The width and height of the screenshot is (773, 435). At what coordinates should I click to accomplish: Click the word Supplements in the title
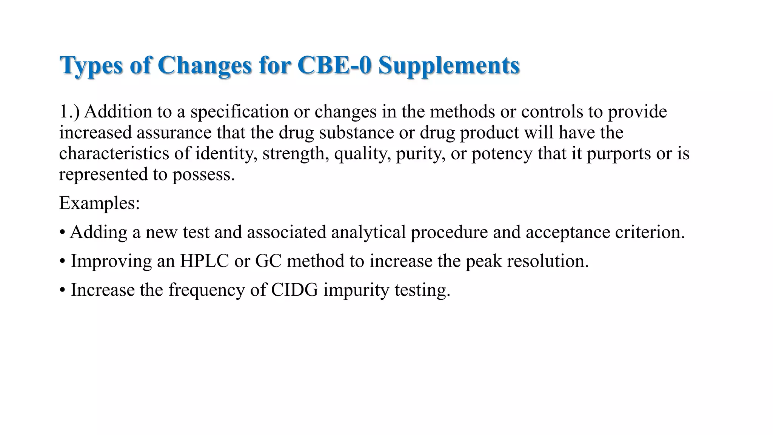pos(449,66)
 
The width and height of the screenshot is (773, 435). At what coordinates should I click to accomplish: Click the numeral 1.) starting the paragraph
pos(69,112)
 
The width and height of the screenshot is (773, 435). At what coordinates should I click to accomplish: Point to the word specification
pos(239,112)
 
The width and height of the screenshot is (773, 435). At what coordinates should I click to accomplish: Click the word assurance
pos(174,133)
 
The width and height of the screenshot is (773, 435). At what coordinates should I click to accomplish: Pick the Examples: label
pos(100,203)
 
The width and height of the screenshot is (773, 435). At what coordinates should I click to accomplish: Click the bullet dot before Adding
pos(62,232)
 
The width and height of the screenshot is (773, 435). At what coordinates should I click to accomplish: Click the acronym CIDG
pos(294,290)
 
